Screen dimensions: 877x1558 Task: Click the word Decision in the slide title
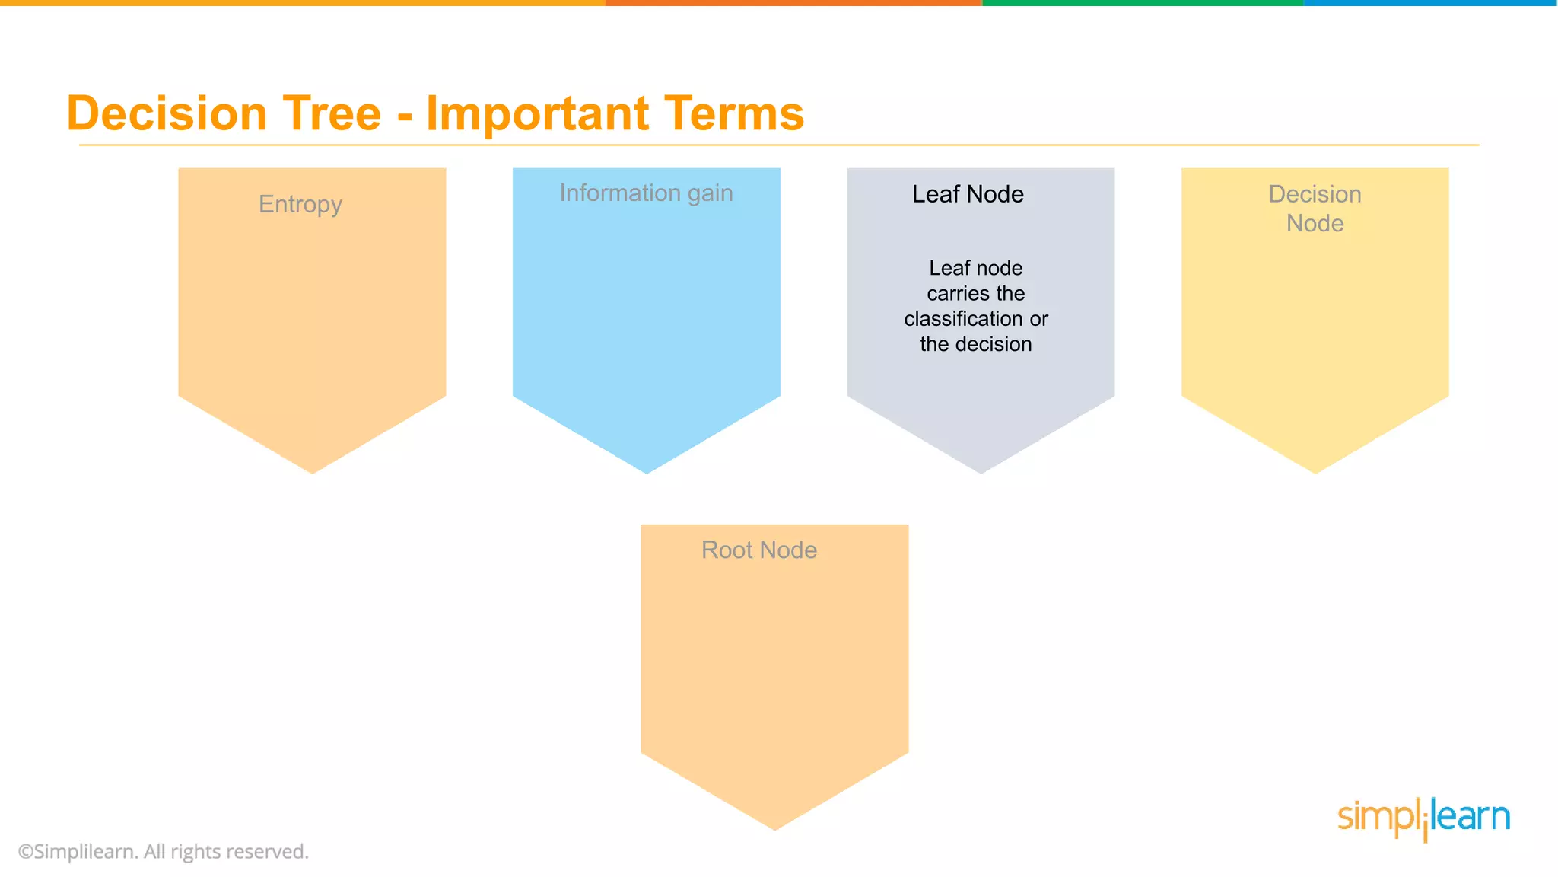click(x=167, y=113)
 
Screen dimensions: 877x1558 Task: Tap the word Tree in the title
click(x=331, y=113)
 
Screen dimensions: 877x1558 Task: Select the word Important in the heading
click(x=537, y=113)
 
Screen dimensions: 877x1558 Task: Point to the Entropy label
click(x=300, y=204)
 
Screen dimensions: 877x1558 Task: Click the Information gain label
click(x=646, y=193)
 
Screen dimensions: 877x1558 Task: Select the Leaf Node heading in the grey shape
click(x=968, y=194)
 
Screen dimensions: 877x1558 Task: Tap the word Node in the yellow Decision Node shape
click(x=1315, y=224)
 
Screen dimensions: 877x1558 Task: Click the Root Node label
click(x=759, y=550)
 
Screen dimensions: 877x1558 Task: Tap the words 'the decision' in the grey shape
click(x=975, y=344)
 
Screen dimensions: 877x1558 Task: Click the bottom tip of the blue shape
click(x=647, y=469)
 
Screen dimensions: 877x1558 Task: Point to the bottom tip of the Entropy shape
click(x=312, y=469)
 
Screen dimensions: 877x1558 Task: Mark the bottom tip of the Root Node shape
click(x=774, y=825)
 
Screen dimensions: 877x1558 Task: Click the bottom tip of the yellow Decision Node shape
click(x=1315, y=469)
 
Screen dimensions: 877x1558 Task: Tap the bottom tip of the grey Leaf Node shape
click(x=981, y=469)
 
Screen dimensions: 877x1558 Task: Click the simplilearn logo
click(x=1423, y=818)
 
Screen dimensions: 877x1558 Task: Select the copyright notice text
click(x=164, y=851)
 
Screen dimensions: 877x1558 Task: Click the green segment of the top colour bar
click(x=1141, y=3)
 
